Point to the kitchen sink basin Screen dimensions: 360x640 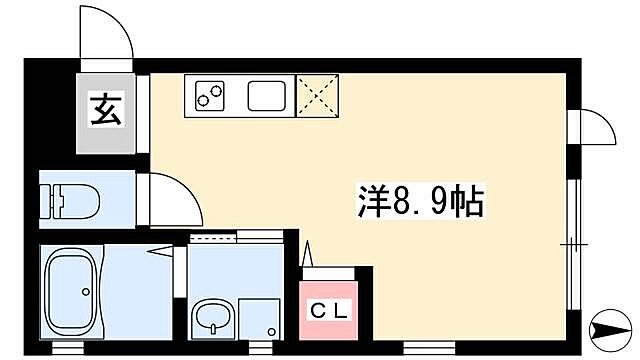click(x=266, y=97)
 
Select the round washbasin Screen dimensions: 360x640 click(x=213, y=318)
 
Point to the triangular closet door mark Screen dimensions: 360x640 click(x=308, y=256)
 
